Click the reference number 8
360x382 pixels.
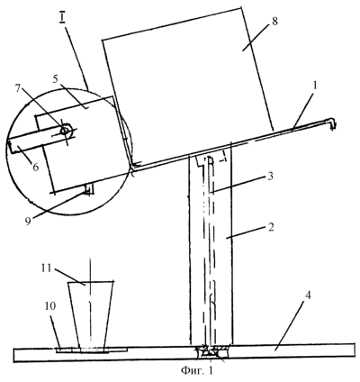tap(274, 22)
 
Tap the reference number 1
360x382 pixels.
tap(314, 87)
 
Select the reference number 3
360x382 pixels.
tap(270, 177)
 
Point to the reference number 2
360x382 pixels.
tap(271, 227)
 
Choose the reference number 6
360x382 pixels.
tap(36, 167)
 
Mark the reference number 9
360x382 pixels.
tap(28, 222)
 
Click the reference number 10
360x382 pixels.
tap(50, 305)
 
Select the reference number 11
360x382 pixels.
tap(47, 268)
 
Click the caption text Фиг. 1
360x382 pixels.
tap(197, 370)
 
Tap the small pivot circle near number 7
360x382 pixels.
tap(65, 131)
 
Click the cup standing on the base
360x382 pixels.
tap(90, 315)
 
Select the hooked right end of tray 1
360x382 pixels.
tap(332, 123)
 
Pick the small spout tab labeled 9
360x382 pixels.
tap(90, 189)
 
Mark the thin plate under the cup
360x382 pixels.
tap(92, 350)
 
